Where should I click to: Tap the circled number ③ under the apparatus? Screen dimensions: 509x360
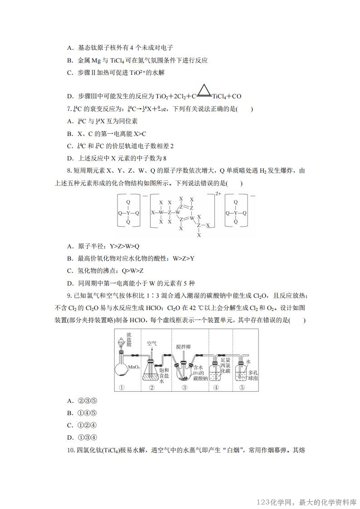(x=185, y=388)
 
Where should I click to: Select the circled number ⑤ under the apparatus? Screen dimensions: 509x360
(x=242, y=388)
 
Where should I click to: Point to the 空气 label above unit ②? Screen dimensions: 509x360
(x=151, y=344)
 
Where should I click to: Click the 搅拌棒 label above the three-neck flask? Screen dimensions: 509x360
(x=184, y=347)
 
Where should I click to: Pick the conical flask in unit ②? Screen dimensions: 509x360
(x=151, y=373)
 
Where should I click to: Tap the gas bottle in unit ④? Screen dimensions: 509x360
(x=214, y=372)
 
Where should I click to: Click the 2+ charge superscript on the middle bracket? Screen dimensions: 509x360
(x=218, y=194)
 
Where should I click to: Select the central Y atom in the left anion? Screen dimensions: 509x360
(x=128, y=213)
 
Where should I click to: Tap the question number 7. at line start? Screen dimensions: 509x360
(x=68, y=109)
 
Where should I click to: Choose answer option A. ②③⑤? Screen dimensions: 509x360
(x=82, y=401)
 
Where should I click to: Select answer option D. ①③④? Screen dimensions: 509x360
(x=82, y=437)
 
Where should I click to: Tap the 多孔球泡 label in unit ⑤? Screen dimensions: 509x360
(x=253, y=374)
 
